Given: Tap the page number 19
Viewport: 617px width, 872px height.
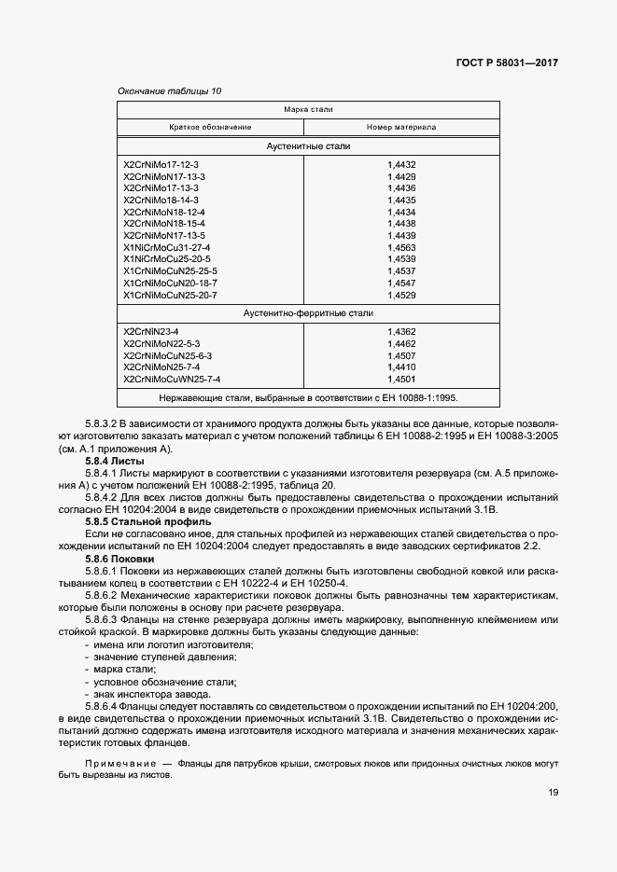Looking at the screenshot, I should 554,794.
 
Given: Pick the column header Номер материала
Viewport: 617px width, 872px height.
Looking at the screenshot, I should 401,127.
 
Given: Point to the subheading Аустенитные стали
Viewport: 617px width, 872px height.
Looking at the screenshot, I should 308,146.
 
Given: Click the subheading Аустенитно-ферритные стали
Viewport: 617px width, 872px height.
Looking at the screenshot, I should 308,314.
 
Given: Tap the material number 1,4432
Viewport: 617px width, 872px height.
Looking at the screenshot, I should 401,164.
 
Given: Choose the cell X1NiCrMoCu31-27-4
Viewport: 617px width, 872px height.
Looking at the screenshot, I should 166,247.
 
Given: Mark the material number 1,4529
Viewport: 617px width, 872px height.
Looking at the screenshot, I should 401,295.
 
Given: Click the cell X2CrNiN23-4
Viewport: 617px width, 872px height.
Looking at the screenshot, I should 150,331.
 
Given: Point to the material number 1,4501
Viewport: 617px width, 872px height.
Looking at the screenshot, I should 401,380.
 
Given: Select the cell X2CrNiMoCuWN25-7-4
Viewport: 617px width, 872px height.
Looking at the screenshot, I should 172,380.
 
